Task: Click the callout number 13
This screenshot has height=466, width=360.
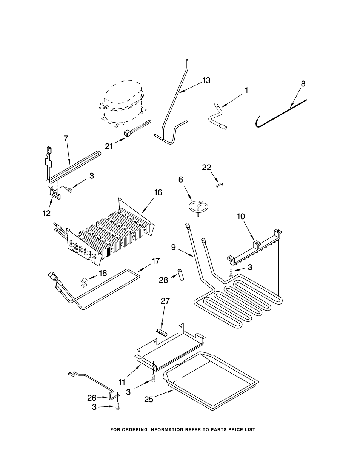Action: [206, 81]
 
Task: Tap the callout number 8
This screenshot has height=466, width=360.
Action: [303, 84]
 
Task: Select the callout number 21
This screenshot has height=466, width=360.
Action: [109, 146]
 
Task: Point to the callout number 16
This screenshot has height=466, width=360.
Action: [158, 193]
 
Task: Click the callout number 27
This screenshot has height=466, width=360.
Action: [165, 301]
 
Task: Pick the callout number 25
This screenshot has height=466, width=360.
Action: [149, 400]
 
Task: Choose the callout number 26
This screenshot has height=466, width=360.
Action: [92, 398]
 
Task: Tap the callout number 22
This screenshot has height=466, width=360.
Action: [206, 167]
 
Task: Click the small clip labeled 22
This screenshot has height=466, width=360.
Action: [219, 185]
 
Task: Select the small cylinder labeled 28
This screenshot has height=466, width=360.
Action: [181, 274]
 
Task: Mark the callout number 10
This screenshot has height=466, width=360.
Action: [241, 217]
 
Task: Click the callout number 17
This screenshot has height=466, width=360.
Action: [156, 261]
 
